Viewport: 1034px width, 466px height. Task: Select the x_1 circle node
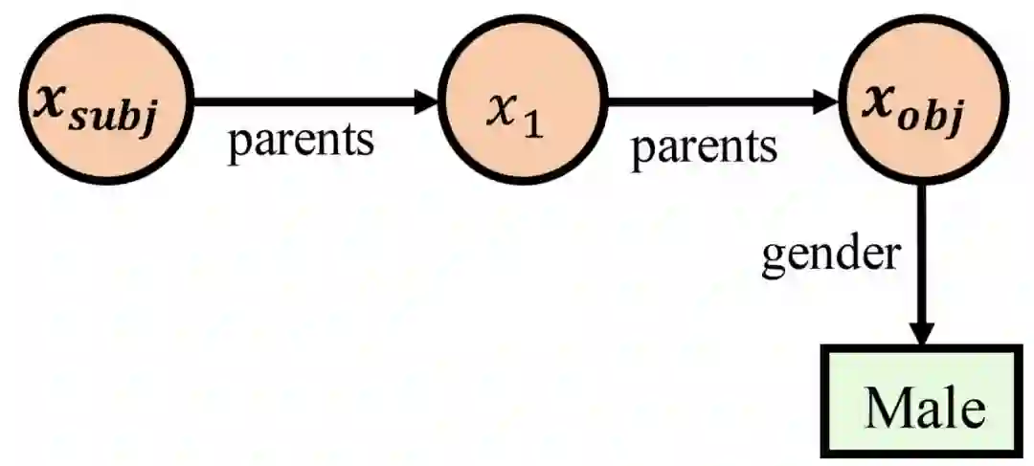[523, 101]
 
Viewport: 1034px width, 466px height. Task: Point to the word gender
[831, 256]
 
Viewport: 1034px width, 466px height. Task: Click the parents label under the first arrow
[299, 142]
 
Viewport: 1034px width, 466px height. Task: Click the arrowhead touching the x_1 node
[426, 100]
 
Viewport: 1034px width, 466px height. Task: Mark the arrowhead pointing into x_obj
[826, 100]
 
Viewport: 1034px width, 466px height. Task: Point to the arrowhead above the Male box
[921, 330]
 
